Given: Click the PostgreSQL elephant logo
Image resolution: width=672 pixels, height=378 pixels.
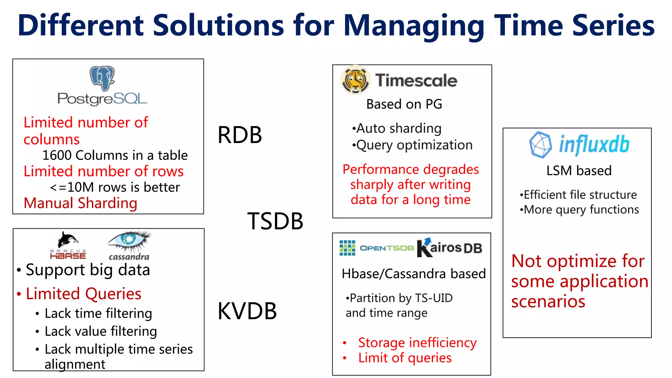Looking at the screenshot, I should tap(102, 78).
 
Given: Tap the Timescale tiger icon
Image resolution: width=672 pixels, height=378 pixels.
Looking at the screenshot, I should tap(355, 80).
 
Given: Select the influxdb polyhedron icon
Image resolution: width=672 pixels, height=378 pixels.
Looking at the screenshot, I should tap(540, 144).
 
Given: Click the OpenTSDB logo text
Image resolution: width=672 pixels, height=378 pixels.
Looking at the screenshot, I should tap(387, 248).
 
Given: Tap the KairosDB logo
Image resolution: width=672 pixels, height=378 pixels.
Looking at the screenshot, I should tap(449, 248).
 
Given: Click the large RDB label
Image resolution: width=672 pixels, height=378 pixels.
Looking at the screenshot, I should tap(240, 135).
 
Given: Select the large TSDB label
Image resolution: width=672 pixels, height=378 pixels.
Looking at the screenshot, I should tap(275, 221).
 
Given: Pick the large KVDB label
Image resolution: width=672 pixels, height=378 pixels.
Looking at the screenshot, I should tap(247, 311).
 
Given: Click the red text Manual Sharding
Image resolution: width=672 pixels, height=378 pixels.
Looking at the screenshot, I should tap(80, 203).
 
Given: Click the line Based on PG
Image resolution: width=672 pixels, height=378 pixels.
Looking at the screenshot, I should tap(404, 104).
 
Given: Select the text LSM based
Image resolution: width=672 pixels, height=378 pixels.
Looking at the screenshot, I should tap(579, 171).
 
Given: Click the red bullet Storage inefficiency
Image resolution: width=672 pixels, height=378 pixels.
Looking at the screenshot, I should tap(417, 343).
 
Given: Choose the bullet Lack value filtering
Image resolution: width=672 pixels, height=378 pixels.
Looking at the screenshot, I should tap(100, 331).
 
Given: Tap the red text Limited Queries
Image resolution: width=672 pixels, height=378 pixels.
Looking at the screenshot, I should tap(83, 294).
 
